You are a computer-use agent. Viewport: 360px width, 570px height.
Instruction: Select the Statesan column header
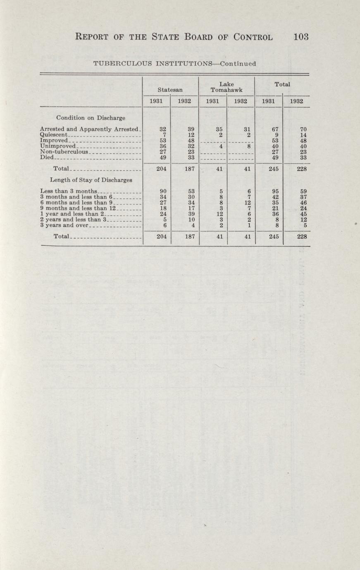pos(171,88)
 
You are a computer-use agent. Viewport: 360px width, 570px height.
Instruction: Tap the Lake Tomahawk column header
pos(226,85)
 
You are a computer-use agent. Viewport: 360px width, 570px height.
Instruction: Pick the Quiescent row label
pos(57,135)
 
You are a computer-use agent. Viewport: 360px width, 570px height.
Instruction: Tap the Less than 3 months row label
pos(68,191)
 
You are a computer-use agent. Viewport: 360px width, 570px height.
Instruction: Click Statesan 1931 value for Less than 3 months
pos(163,191)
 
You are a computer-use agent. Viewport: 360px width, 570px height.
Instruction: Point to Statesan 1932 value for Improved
pos(191,140)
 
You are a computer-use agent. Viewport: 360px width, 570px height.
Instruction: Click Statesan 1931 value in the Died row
pos(163,157)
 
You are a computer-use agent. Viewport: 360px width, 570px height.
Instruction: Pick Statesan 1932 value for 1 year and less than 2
pos(191,214)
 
